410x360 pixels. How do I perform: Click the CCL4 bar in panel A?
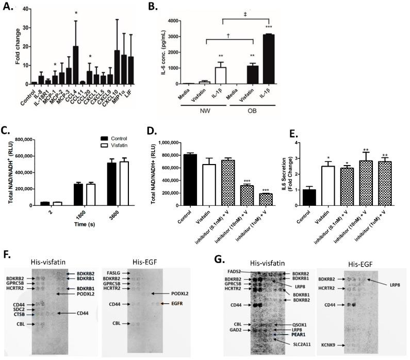click(x=76, y=65)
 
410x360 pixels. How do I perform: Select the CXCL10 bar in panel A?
click(x=117, y=67)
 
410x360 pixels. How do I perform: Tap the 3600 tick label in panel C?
click(x=124, y=211)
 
